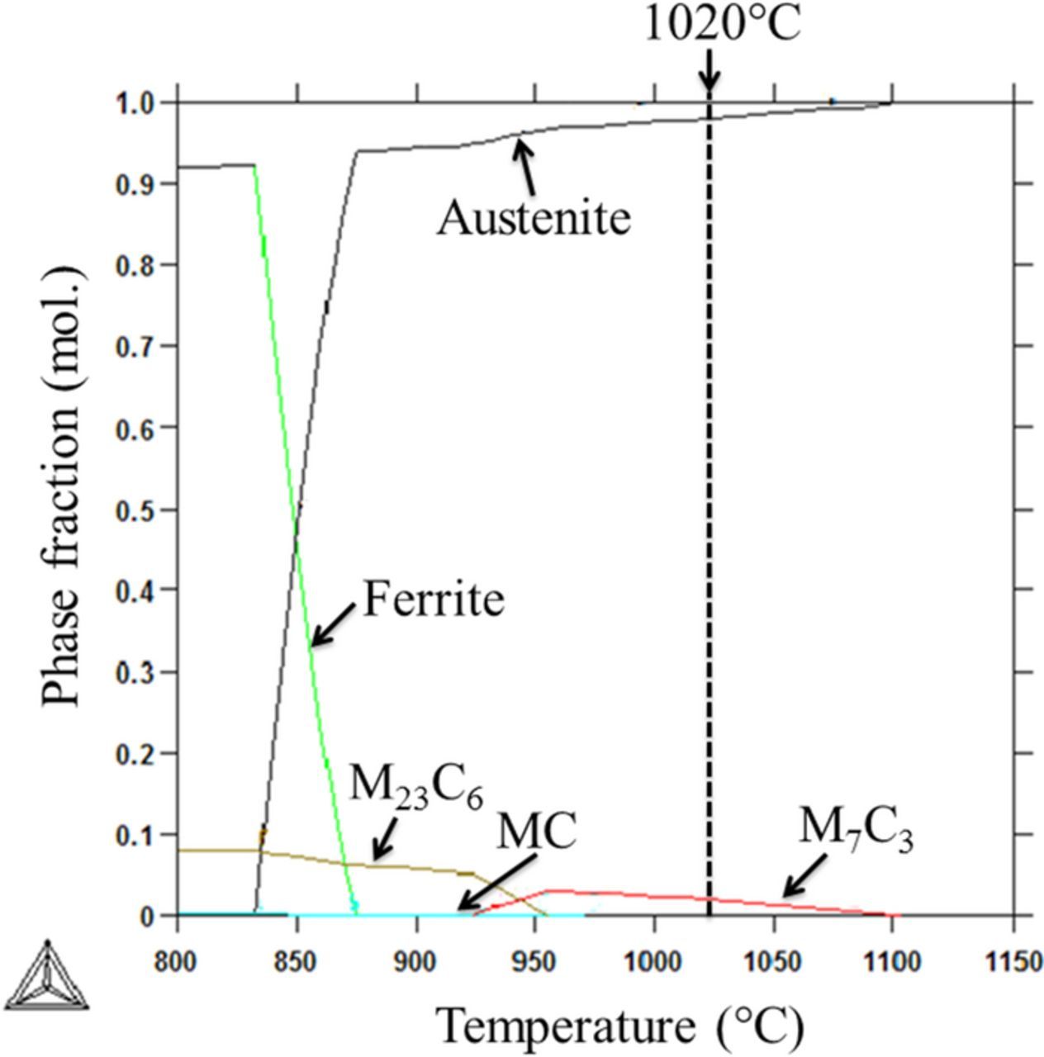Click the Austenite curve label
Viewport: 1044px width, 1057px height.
tap(534, 218)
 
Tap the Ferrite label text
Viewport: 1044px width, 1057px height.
tap(434, 599)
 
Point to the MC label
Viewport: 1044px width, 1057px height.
tap(535, 832)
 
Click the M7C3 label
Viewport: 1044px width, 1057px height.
tap(856, 828)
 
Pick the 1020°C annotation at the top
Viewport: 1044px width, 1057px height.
tap(722, 25)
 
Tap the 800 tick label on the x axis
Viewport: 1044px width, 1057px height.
tap(178, 962)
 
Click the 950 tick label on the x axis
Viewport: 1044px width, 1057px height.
tap(534, 962)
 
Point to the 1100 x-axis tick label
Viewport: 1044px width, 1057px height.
tap(891, 962)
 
